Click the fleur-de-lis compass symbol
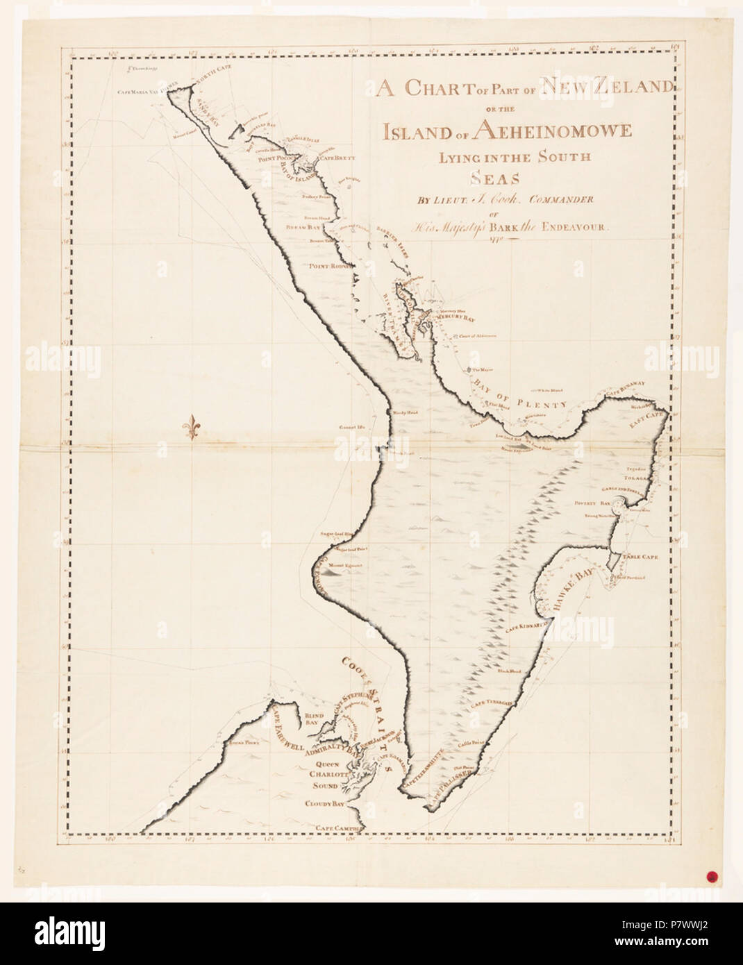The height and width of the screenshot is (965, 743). [193, 428]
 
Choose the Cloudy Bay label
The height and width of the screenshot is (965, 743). [325, 804]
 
